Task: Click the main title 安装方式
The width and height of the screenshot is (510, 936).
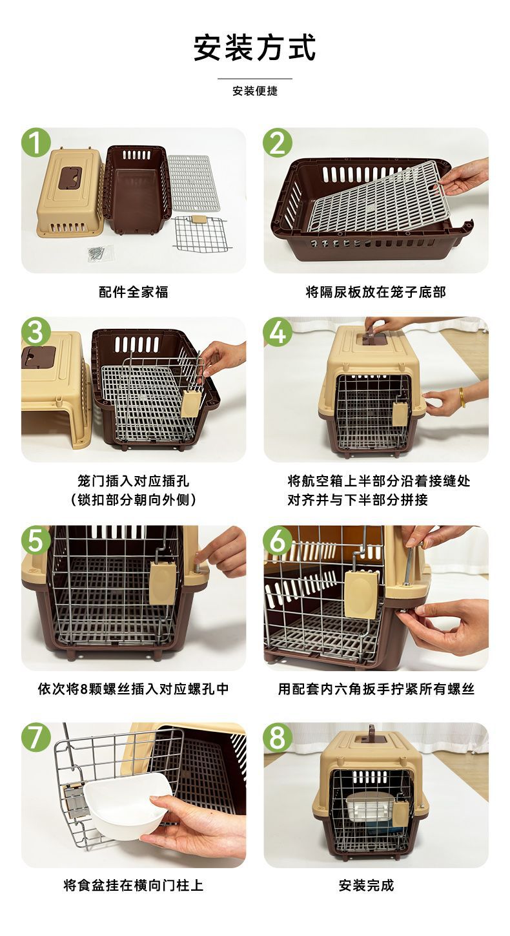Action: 255,48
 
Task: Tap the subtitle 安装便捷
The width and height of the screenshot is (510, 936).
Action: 255,91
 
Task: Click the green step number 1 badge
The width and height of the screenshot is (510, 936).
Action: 36,143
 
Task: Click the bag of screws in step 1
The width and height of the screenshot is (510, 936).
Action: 101,253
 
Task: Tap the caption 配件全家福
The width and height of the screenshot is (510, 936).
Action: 134,292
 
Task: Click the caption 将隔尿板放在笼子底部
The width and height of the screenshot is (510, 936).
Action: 376,292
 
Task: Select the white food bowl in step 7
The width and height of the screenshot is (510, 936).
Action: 127,806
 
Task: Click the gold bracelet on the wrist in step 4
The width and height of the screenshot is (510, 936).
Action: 462,397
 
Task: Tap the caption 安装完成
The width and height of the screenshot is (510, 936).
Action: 366,885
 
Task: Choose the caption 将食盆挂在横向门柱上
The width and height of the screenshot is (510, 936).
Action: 134,885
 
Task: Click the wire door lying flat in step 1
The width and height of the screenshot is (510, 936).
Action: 201,234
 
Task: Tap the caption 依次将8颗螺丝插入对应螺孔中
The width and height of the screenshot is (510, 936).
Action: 134,689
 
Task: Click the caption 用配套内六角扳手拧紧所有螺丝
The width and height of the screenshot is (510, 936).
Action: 376,689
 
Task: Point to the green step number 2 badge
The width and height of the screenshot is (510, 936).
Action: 278,143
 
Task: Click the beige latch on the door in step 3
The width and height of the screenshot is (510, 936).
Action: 190,404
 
